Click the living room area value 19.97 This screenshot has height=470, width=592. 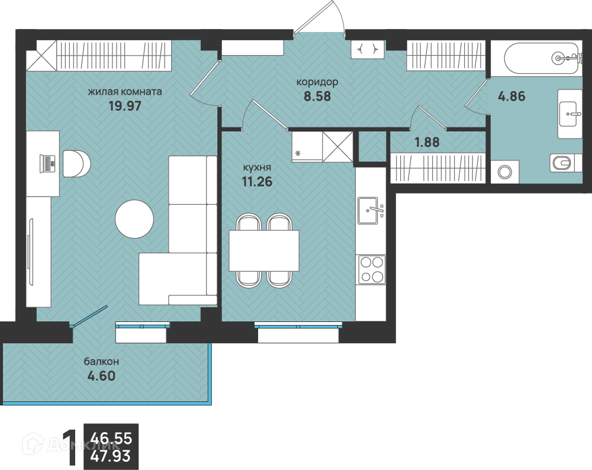124,106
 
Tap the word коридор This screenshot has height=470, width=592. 317,82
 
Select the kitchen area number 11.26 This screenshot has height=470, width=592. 257,182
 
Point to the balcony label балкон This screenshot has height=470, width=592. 101,362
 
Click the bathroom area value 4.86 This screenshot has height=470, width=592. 511,96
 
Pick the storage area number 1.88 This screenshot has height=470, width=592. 427,142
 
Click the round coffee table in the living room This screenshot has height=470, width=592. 134,219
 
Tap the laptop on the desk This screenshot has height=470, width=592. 47,164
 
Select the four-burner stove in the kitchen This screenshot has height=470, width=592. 372,269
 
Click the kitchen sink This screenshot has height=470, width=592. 368,210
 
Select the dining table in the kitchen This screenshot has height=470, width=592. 264,250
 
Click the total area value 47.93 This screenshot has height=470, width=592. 111,456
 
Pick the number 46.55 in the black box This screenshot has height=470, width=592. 111,438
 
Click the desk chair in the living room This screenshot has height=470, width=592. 76,163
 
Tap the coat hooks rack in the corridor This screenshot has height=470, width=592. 368,49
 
